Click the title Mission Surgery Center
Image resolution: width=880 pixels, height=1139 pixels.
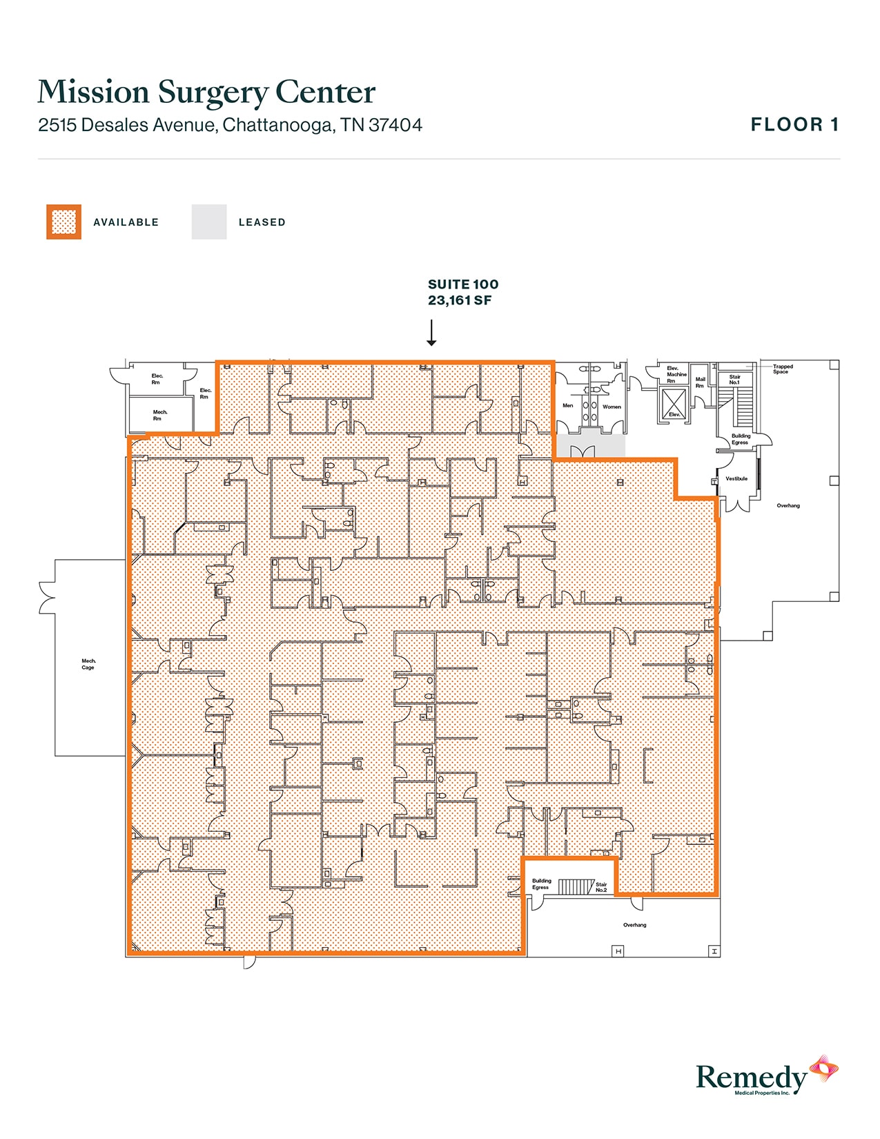[x=206, y=93]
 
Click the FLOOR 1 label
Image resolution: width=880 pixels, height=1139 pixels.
[x=794, y=125]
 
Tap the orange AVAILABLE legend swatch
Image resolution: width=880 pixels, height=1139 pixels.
[x=63, y=222]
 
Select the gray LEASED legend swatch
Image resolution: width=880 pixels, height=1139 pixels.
[x=209, y=222]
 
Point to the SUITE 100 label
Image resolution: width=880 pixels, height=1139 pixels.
[x=462, y=284]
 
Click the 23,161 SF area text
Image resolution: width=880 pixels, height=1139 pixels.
[x=460, y=300]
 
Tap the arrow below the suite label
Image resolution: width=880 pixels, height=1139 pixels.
[x=431, y=332]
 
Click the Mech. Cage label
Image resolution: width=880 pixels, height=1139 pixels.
[x=88, y=664]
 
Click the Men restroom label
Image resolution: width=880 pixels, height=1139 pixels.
[x=567, y=406]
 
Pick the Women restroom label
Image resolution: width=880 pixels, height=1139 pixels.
[x=612, y=407]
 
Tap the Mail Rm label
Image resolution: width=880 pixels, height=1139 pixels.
[x=700, y=382]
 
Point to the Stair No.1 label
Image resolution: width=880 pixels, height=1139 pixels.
[x=734, y=380]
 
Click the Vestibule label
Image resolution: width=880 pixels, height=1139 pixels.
[x=736, y=478]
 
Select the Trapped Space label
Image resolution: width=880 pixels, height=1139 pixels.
[x=783, y=369]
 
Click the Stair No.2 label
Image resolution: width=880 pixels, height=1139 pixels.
[x=601, y=887]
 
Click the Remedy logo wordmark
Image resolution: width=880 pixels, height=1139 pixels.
[x=751, y=1078]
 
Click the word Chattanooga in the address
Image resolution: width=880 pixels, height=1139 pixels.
[x=280, y=125]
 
